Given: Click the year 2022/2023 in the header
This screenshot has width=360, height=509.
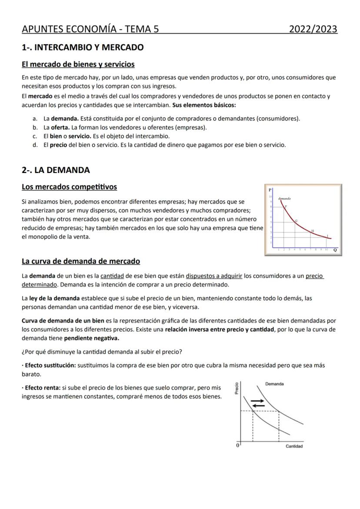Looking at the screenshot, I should click(x=313, y=29).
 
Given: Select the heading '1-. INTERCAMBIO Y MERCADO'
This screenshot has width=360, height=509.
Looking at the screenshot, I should click(x=83, y=47).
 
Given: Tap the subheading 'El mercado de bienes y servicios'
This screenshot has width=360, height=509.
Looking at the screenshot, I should click(x=78, y=64).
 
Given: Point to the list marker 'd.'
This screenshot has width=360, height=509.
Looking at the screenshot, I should click(x=35, y=145).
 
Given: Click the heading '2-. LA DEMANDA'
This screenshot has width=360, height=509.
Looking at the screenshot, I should click(x=56, y=170).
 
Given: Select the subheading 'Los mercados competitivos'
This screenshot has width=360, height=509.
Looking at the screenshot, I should click(x=69, y=187).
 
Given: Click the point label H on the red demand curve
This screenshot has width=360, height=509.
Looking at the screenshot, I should click(x=313, y=230).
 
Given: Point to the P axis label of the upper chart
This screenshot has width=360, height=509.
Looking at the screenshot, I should click(x=270, y=190).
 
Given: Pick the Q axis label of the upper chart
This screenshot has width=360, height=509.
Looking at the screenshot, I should click(x=335, y=250).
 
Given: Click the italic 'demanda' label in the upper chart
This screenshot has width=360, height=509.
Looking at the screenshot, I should click(x=284, y=198).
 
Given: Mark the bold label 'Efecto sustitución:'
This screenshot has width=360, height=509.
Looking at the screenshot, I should click(x=50, y=366).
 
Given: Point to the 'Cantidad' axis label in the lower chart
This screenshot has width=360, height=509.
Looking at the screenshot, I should click(x=294, y=446).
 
